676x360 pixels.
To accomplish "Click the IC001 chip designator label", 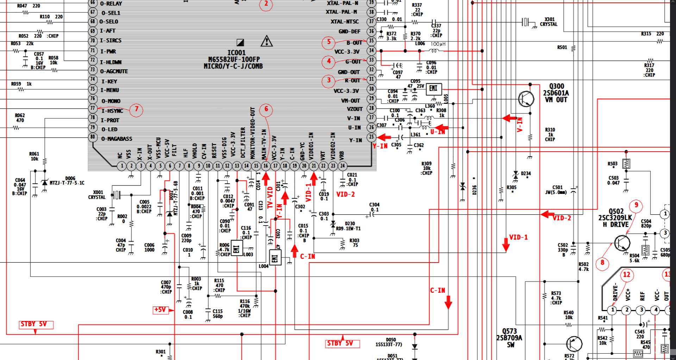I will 236,53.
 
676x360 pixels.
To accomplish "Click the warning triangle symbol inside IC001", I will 267,42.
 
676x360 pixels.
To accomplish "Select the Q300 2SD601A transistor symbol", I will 526,99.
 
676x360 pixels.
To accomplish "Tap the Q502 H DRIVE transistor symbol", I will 622,243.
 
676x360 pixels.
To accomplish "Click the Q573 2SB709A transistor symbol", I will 574,344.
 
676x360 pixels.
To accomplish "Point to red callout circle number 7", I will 137,109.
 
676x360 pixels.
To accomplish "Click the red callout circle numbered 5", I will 328,42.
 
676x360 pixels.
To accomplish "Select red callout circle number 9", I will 636,205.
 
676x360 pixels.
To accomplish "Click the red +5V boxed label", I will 160,310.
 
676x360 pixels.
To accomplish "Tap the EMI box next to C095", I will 433,89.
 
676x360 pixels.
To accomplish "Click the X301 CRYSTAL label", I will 549,22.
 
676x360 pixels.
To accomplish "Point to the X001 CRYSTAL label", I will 98,195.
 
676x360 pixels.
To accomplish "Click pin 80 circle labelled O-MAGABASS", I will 93,137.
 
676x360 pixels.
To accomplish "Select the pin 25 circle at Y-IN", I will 371,137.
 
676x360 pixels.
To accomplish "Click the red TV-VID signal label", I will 270,198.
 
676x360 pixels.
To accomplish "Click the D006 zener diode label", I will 70,178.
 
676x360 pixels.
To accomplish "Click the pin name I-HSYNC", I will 112,111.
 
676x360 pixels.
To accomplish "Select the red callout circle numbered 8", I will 602,263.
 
